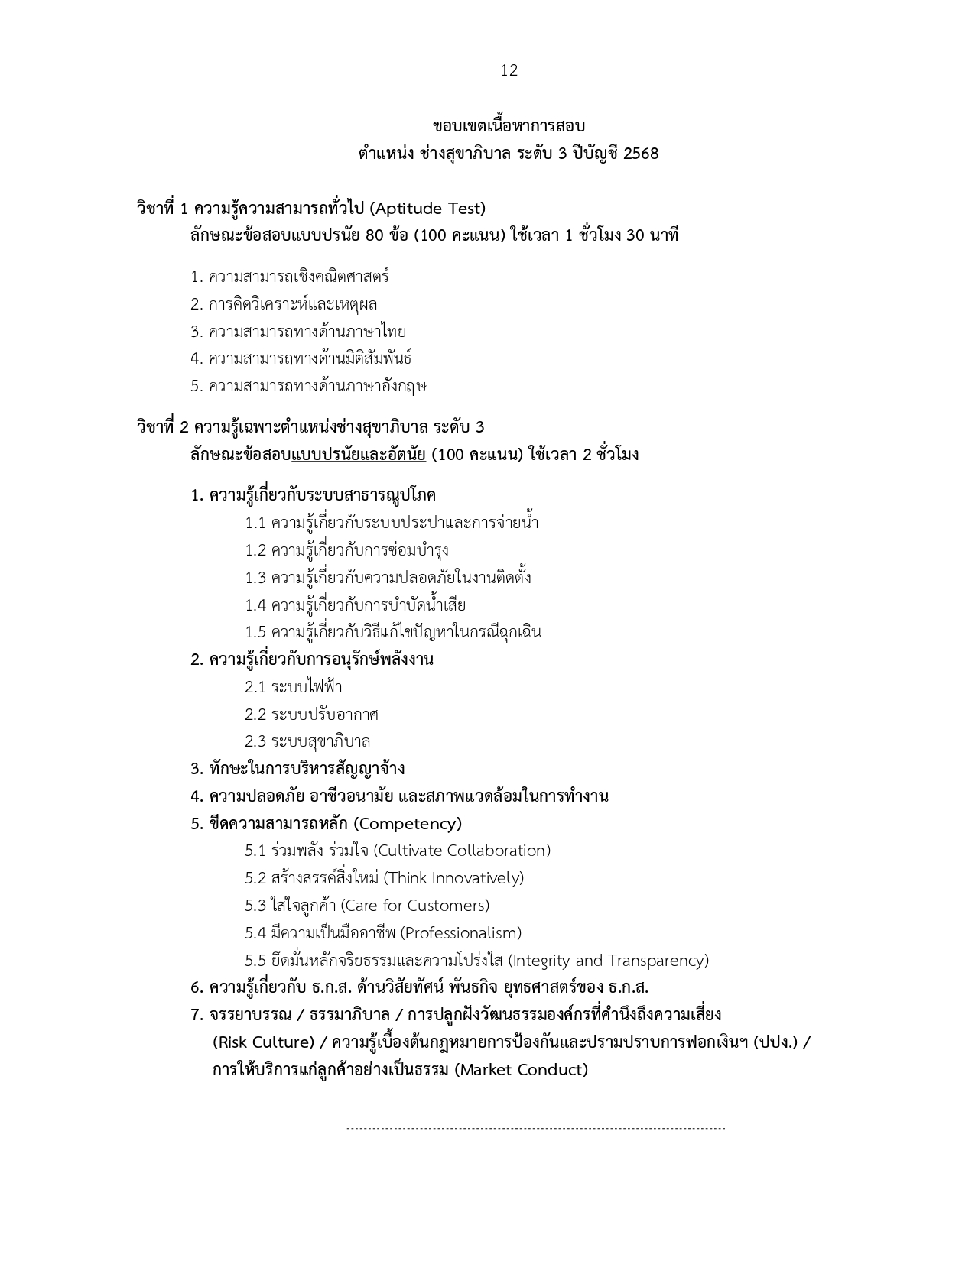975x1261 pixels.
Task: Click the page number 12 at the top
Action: tap(509, 71)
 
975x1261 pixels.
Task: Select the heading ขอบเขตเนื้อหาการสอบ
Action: tap(509, 126)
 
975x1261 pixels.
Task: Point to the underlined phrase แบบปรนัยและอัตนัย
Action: tap(359, 455)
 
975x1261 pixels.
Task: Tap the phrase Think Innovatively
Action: tap(456, 878)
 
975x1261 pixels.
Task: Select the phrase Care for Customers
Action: tap(415, 906)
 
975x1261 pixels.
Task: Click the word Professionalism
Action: tap(461, 933)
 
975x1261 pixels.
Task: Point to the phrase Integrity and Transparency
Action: tap(609, 961)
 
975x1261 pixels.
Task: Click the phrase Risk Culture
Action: tap(264, 1042)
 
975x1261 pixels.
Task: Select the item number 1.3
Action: tap(255, 578)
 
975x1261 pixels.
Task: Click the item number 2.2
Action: tap(255, 715)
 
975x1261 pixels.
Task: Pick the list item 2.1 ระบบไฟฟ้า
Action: tap(294, 687)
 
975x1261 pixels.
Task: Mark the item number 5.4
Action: tap(255, 933)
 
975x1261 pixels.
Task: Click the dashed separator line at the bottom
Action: tap(535, 1128)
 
